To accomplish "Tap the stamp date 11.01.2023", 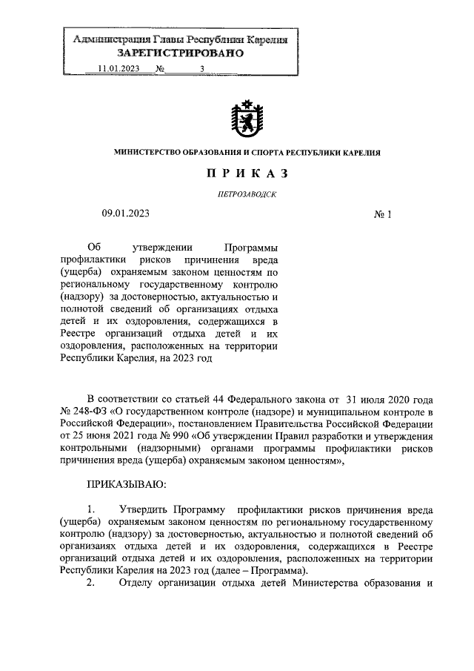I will pos(118,70).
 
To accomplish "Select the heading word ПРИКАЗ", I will pos(247,174).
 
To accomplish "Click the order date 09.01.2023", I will pos(126,214).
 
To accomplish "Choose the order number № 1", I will pos(382,214).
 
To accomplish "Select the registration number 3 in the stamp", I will pos(202,70).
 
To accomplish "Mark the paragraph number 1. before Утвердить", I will pos(91,511).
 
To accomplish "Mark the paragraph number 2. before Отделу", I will pos(91,583).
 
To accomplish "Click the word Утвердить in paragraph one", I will pos(144,511).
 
